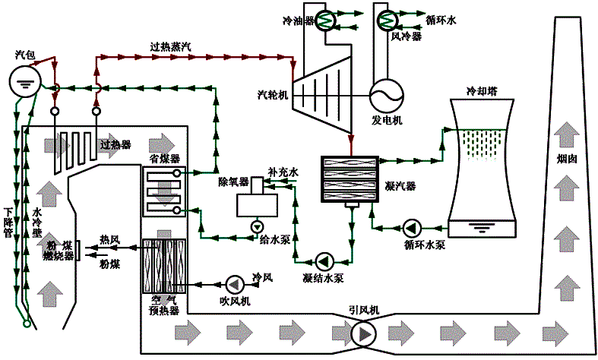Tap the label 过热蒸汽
(x=171, y=46)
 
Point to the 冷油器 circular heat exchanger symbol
(x=327, y=21)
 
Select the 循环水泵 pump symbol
(x=413, y=227)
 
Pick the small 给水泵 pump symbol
(x=256, y=226)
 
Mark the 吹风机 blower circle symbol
(x=233, y=283)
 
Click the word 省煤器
(x=164, y=159)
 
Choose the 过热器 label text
(x=115, y=144)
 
